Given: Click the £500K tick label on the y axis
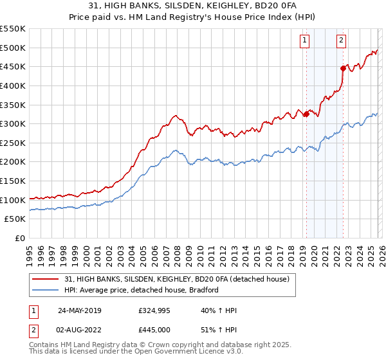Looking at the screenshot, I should point(12,48).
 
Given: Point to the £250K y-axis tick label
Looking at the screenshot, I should point(12,143).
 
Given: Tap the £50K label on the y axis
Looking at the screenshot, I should point(15,219).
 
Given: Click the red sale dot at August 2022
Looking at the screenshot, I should point(343,68).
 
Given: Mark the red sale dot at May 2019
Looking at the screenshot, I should point(306,114).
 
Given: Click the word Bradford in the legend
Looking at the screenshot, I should point(203,290).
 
